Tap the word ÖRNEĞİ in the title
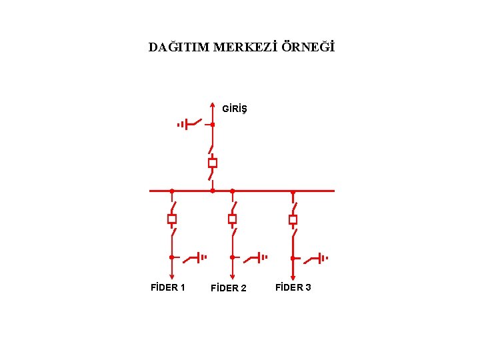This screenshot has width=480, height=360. point(308,48)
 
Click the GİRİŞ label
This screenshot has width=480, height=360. point(234,108)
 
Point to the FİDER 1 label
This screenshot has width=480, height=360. point(167,287)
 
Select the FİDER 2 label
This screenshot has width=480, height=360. point(228,288)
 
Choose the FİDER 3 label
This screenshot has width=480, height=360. point(293,287)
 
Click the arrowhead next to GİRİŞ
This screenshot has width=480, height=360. point(212,105)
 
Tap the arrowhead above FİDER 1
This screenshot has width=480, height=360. point(171,276)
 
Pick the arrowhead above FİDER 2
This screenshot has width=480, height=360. point(232,276)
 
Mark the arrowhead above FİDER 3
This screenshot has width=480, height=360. point(293,276)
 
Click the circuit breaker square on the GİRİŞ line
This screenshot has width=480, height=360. point(212,163)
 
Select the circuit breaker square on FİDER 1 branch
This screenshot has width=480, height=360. point(171,219)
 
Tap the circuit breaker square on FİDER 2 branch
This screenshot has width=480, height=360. point(232,219)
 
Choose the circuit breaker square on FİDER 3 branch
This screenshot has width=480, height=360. point(293,219)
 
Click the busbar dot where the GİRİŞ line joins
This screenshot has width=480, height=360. point(212,191)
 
